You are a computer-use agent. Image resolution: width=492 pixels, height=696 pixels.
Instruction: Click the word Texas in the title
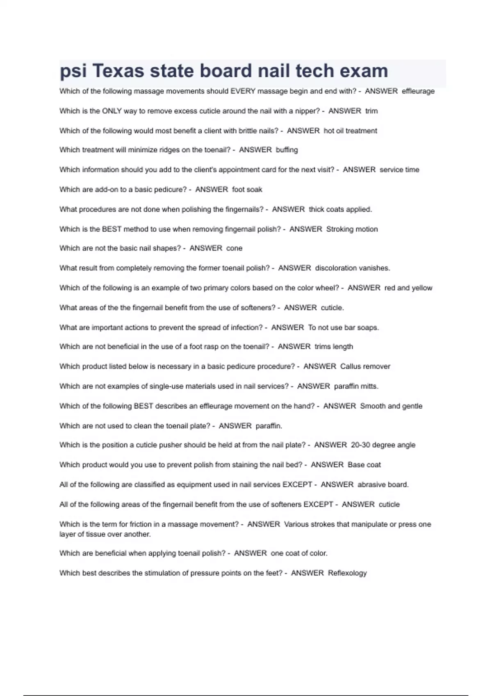pos(118,71)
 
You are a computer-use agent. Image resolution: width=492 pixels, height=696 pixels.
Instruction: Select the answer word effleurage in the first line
pos(418,91)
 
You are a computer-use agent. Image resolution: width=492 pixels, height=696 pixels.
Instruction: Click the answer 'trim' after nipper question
pos(371,111)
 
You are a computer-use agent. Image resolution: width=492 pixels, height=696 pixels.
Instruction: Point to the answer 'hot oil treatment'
pos(350,131)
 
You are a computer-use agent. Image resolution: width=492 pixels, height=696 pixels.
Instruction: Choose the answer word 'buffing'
pos(287,150)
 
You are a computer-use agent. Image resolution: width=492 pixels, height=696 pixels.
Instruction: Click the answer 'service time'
pos(399,169)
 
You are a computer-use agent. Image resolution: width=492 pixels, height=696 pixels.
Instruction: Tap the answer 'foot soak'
pos(247,190)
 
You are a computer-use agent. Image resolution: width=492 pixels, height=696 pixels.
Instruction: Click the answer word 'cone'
pos(234,248)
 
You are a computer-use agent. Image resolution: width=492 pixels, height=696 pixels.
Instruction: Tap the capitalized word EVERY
pos(243,91)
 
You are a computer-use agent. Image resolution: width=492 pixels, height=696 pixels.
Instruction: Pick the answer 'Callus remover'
pos(365,366)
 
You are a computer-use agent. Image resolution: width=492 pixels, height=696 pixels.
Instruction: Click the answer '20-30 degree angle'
pos(383,445)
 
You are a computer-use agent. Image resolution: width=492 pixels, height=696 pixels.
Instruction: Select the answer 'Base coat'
pos(364,465)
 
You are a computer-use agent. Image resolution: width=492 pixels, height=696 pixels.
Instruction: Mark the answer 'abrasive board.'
pos(383,485)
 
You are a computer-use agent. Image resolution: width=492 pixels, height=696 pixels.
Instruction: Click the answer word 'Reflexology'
pos(347,573)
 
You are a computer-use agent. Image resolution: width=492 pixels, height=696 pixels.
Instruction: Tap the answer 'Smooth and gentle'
pos(391,406)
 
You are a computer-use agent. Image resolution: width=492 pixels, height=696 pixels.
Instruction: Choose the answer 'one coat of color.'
pos(299,553)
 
